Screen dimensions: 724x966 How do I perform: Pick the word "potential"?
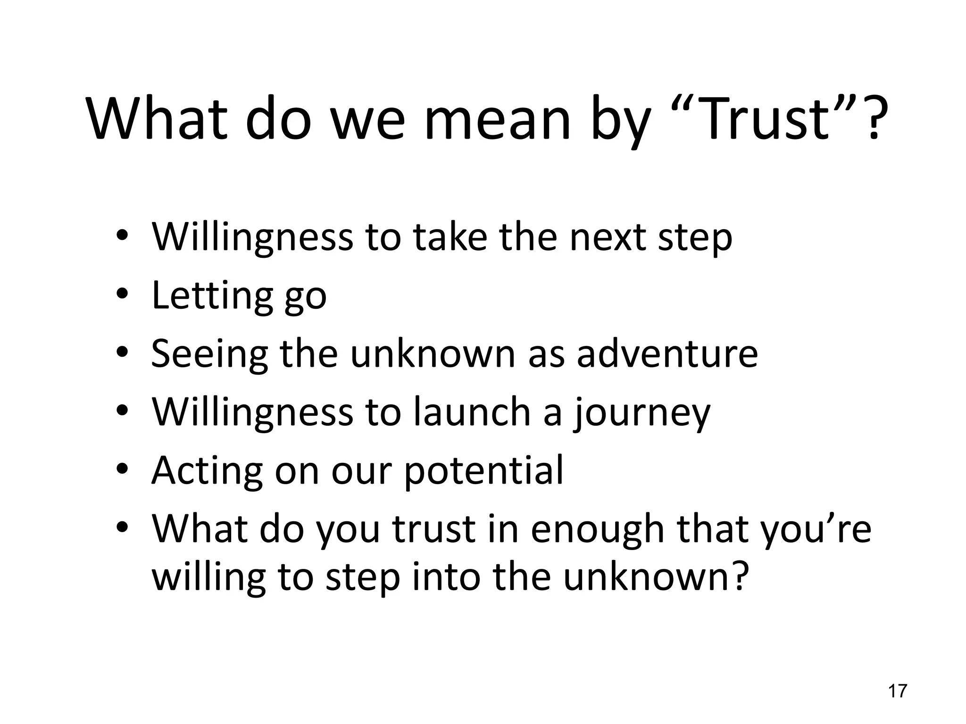coord(484,470)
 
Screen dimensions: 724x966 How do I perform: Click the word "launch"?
coord(472,412)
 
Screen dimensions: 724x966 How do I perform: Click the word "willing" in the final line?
coord(208,578)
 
